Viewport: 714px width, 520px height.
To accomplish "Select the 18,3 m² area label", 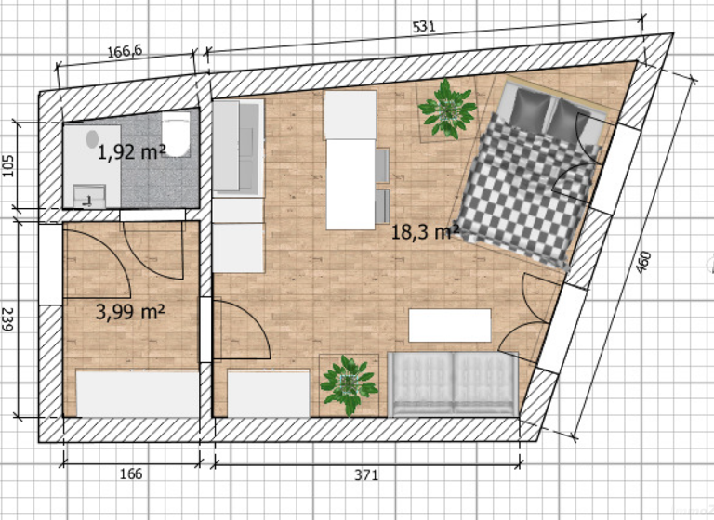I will click(424, 231).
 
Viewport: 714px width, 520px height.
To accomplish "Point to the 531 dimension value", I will click(424, 27).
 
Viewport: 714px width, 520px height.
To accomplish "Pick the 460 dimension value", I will click(644, 264).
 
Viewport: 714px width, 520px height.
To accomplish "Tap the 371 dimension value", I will click(366, 475).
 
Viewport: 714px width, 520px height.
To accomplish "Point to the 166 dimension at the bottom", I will click(131, 474).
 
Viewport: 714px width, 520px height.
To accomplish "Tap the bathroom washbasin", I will click(89, 194).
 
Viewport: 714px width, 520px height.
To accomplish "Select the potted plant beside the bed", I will click(447, 109).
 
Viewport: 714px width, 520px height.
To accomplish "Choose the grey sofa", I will click(452, 383).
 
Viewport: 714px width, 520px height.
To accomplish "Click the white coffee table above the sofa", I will click(450, 325).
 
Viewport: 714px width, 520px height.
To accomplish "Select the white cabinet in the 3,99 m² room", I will click(138, 393).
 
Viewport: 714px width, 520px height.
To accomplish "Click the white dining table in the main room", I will click(350, 159).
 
